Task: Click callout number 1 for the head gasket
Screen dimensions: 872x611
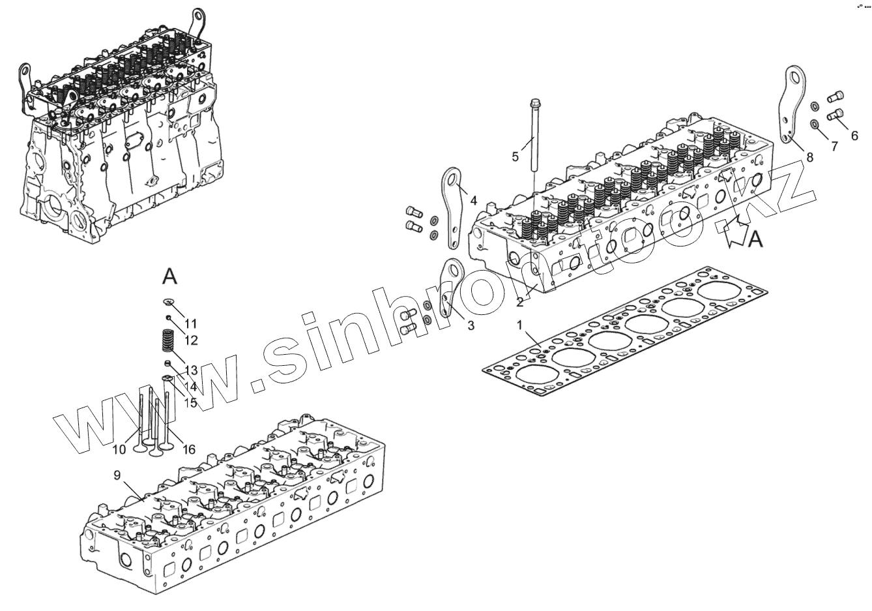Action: click(519, 324)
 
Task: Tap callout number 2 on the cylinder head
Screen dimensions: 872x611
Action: click(519, 303)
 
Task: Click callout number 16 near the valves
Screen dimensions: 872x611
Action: click(188, 449)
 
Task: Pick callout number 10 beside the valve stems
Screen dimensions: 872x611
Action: click(119, 449)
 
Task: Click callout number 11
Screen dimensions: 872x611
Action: click(190, 323)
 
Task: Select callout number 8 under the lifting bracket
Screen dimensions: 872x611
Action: click(809, 156)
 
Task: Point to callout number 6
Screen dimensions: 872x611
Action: click(854, 136)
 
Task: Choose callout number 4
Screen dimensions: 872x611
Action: click(473, 200)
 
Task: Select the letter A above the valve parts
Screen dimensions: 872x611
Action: click(169, 276)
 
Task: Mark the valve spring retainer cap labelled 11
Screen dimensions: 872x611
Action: click(167, 301)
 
